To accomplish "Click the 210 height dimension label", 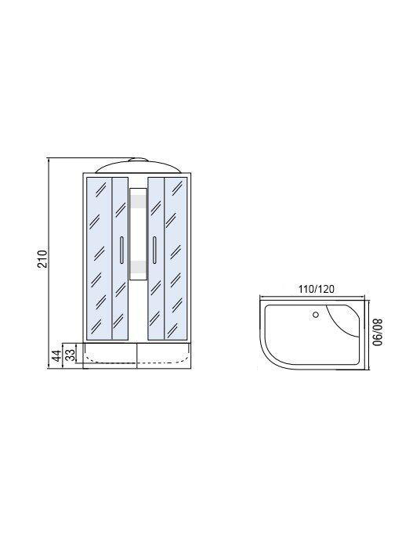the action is point(42,259).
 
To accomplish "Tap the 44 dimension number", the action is point(56,355).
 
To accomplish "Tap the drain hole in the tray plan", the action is point(316,315).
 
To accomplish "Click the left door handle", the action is point(121,250).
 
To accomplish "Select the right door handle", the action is point(154,250).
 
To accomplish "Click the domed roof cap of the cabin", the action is point(137,165).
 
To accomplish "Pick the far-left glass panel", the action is point(99,258).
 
